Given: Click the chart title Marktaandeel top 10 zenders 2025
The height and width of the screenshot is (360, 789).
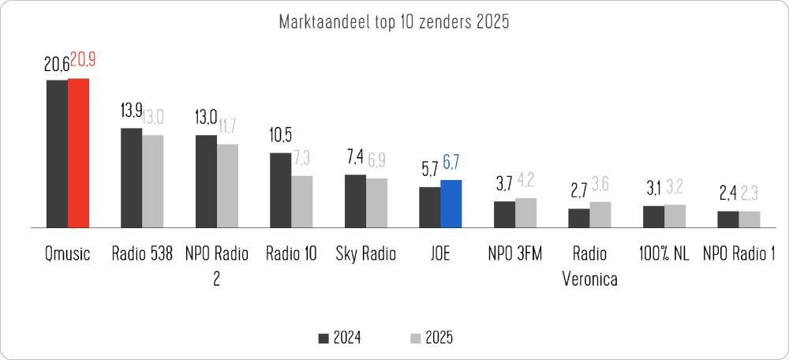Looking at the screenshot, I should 394,22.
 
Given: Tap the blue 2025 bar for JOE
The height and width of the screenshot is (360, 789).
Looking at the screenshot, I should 451,204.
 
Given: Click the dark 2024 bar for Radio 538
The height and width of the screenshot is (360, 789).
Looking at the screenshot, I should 131,178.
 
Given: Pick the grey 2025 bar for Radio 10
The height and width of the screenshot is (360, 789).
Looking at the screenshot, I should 301,201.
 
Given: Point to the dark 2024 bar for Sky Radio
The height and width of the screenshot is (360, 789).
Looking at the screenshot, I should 355,201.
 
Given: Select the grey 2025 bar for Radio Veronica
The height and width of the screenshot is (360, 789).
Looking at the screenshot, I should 600,215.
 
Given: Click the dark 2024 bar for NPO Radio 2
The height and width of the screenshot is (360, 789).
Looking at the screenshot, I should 206,181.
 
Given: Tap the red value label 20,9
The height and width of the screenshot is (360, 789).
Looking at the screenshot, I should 84,60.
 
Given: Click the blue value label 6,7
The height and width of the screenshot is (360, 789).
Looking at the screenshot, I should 452,164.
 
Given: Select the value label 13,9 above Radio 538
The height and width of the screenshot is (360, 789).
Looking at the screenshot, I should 132,111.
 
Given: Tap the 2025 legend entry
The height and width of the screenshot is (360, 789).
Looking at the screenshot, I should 432,338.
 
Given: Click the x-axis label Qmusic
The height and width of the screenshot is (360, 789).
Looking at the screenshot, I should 67,253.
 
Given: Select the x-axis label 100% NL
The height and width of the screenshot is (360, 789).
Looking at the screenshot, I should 664,253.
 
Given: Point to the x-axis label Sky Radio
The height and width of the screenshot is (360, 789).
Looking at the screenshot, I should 365,253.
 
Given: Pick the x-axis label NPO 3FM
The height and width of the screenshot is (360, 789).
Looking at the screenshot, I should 515,253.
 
